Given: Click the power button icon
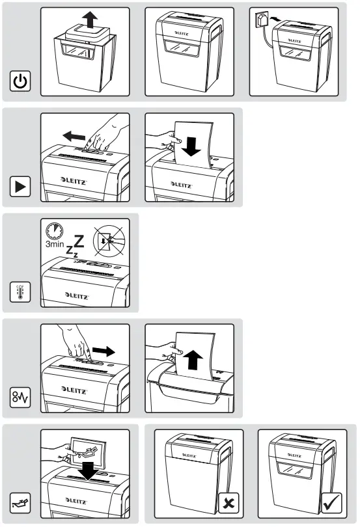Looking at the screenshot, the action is click(x=20, y=81).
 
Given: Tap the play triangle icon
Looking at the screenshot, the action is click(x=20, y=186).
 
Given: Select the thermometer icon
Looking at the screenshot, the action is click(x=20, y=291).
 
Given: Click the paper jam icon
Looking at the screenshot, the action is click(x=20, y=398).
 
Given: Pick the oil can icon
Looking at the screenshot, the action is click(x=20, y=503).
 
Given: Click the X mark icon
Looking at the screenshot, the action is click(x=228, y=503).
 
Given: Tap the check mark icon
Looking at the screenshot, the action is click(x=332, y=503).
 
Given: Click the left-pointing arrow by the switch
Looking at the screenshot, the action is click(x=74, y=136).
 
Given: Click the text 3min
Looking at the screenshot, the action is click(x=55, y=244).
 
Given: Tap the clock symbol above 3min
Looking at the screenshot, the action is click(x=55, y=230).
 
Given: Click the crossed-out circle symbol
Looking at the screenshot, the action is click(x=109, y=241).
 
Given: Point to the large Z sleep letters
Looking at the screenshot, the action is click(x=75, y=247).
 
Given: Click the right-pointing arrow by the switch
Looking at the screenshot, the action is click(x=104, y=351).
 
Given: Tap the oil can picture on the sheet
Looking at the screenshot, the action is click(x=87, y=452).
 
